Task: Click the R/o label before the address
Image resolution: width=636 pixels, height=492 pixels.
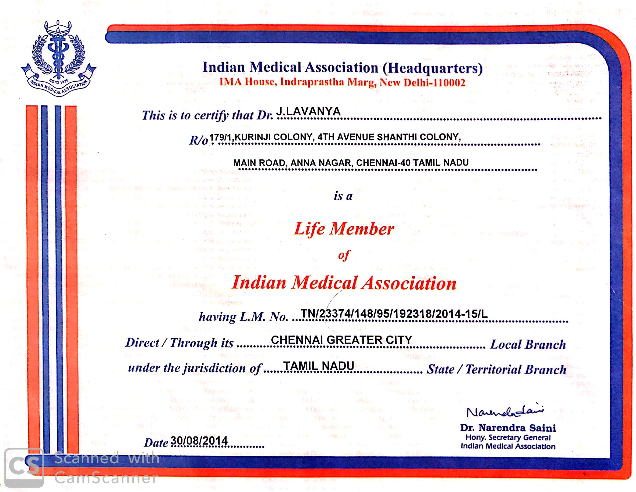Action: tap(199, 140)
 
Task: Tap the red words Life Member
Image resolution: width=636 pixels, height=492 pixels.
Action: tap(344, 229)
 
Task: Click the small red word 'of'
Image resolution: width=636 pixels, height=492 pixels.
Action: tap(344, 255)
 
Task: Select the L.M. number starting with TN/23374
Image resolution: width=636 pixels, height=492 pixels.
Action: tap(394, 314)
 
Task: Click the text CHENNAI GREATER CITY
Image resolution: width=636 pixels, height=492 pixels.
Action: tap(341, 340)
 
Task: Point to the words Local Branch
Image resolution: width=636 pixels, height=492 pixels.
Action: tap(528, 344)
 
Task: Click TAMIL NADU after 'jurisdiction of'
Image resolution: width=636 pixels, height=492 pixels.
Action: tap(319, 366)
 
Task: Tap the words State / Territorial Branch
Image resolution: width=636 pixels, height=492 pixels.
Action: tap(496, 369)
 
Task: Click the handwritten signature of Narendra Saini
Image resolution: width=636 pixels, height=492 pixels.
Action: tap(505, 411)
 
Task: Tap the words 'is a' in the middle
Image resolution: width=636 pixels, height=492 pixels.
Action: tap(343, 196)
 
